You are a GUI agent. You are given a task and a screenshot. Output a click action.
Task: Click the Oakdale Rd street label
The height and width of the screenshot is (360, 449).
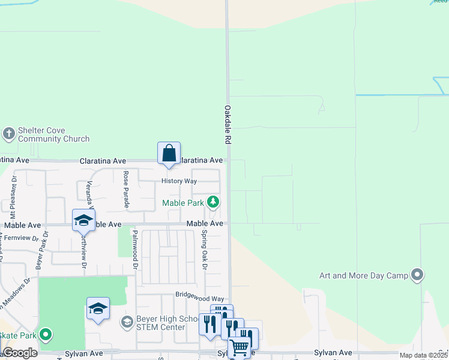click(x=228, y=124)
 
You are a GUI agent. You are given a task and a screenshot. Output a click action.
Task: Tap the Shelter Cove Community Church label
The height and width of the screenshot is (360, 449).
click(x=53, y=134)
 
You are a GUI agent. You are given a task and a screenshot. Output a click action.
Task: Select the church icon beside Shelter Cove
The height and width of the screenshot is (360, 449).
click(x=9, y=133)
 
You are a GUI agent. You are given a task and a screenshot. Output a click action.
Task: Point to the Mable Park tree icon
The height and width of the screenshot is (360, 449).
click(x=212, y=202)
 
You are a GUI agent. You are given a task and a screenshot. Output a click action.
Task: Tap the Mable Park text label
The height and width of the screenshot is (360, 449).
click(x=183, y=203)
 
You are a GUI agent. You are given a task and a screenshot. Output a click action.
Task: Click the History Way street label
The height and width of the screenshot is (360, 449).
click(x=179, y=181)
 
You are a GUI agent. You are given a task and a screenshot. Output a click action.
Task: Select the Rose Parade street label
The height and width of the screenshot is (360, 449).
click(x=126, y=190)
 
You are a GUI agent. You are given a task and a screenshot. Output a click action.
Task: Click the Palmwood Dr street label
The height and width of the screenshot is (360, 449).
click(x=135, y=250)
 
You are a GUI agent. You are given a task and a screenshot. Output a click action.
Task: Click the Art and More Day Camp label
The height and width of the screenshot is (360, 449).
click(x=364, y=275)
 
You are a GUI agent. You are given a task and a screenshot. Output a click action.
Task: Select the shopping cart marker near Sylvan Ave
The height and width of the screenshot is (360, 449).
click(x=239, y=347)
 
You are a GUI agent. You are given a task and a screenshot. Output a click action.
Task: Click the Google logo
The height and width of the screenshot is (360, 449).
click(x=20, y=352)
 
